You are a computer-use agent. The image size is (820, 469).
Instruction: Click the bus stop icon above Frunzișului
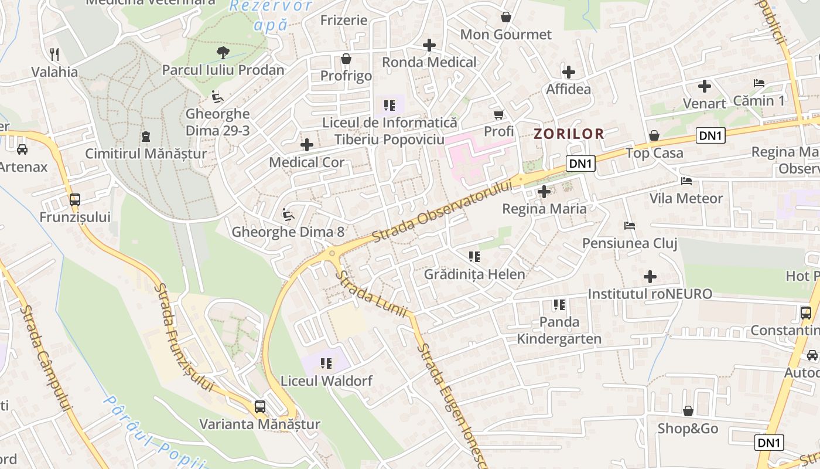pyautogui.click(x=74, y=199)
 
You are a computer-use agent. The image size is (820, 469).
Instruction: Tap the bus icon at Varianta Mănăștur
pyautogui.click(x=259, y=406)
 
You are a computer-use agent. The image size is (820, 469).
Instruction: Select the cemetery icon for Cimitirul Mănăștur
pyautogui.click(x=145, y=137)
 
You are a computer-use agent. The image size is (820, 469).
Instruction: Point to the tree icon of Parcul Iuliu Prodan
pyautogui.click(x=223, y=53)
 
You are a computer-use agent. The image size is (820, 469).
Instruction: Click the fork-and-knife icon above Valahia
pyautogui.click(x=54, y=55)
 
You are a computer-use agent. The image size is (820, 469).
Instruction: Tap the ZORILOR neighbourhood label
pyautogui.click(x=568, y=134)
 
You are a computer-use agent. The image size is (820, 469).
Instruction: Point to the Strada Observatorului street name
pyautogui.click(x=442, y=210)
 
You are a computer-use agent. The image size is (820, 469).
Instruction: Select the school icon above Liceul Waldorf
pyautogui.click(x=326, y=363)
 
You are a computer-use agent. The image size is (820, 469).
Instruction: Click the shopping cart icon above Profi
pyautogui.click(x=498, y=114)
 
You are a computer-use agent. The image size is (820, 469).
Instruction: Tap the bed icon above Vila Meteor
pyautogui.click(x=686, y=181)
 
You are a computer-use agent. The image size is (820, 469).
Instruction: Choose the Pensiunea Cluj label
pyautogui.click(x=630, y=243)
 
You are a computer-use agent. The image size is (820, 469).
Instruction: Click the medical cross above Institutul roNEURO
pyautogui.click(x=650, y=276)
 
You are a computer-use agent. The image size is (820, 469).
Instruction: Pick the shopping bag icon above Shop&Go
pyautogui.click(x=688, y=411)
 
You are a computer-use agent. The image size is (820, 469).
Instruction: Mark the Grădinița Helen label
pyautogui.click(x=474, y=274)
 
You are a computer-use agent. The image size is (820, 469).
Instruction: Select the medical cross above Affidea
pyautogui.click(x=568, y=72)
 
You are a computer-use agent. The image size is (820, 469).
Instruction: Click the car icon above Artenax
pyautogui.click(x=22, y=149)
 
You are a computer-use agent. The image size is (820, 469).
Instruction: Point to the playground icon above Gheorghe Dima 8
pyautogui.click(x=288, y=215)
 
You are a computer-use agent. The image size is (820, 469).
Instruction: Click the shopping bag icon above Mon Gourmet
pyautogui.click(x=506, y=17)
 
